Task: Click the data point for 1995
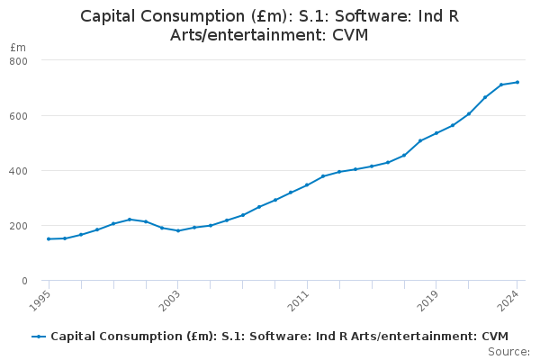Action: click(49, 238)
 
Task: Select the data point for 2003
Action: click(178, 230)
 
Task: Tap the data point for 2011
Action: click(307, 185)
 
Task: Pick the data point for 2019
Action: click(436, 133)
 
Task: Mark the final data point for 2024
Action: click(517, 82)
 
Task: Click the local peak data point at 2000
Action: click(130, 219)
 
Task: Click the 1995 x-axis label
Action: click(40, 299)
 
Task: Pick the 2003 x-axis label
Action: click(170, 299)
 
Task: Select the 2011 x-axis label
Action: click(299, 299)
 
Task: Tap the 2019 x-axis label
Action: click(428, 299)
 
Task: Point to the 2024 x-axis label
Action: click(509, 299)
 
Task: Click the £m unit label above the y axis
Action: click(18, 47)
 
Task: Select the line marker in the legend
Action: click(39, 337)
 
